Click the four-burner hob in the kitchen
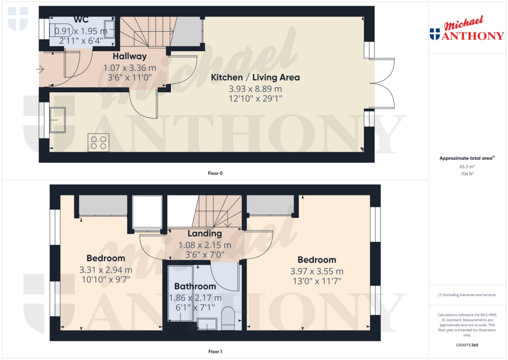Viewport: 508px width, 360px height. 99,143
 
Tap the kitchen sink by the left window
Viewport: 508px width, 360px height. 58,120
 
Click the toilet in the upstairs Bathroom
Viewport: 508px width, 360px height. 228,316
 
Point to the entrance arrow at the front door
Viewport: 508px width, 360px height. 40,69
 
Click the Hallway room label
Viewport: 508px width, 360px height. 129,57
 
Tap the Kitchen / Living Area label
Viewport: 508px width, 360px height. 255,77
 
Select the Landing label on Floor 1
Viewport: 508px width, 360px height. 205,233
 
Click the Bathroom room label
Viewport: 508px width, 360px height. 195,287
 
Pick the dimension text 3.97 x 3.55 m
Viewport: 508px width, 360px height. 317,272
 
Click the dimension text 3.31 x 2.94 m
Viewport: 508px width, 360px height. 106,270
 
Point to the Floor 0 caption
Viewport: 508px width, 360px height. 215,173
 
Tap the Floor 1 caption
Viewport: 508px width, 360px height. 215,352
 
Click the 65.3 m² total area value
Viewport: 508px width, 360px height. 467,167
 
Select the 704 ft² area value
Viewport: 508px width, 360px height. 467,174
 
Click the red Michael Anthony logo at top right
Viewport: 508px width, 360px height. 467,28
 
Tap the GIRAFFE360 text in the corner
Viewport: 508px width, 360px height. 467,345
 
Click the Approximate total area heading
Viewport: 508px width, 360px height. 467,158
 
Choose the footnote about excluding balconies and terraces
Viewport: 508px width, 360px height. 467,295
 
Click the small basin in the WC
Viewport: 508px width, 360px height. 109,29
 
